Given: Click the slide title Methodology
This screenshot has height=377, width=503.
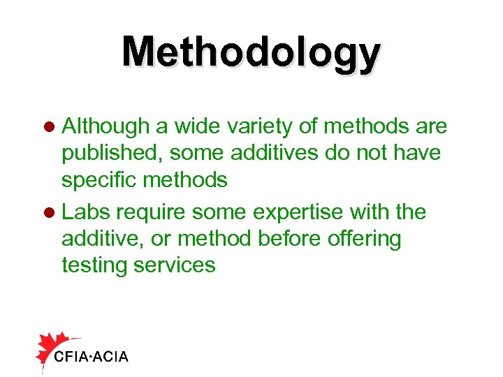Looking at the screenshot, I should point(251,53).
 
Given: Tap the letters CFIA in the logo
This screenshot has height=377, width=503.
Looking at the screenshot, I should point(71,357).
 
